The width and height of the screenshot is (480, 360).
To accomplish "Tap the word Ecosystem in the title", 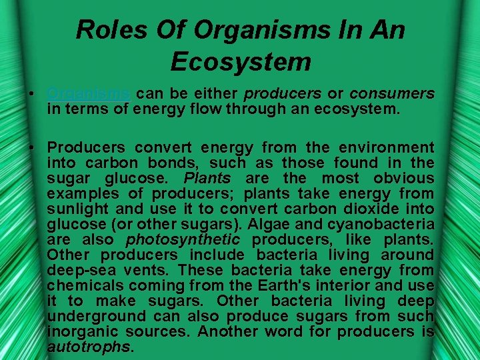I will (241, 61).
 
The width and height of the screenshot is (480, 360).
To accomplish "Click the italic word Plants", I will (206, 178).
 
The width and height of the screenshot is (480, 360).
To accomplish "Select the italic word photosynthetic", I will (173, 239).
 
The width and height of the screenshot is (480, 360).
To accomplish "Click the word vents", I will (151, 270).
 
